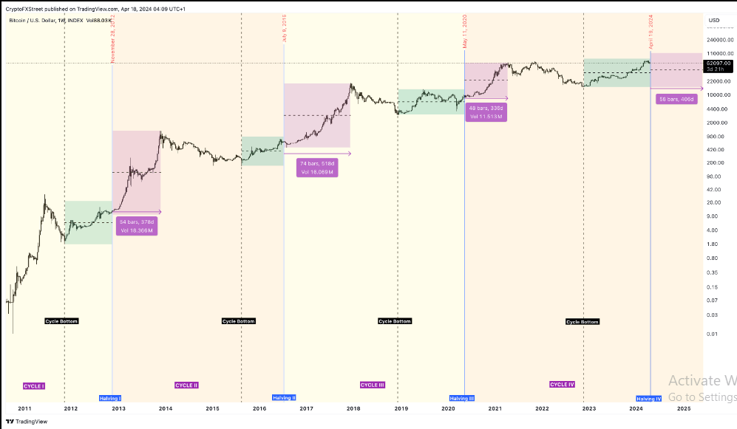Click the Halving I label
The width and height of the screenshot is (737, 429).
tap(110, 398)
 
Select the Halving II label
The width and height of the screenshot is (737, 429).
tap(284, 398)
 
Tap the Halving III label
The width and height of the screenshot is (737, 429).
tap(463, 398)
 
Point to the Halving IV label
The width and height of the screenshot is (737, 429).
tap(649, 398)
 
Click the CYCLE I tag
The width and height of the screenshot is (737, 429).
tap(34, 385)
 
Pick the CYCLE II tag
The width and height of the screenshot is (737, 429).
tap(186, 385)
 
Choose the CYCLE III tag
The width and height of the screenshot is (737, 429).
tap(372, 385)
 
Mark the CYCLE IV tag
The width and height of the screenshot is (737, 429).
tap(562, 385)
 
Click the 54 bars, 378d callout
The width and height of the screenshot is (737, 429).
tap(137, 225)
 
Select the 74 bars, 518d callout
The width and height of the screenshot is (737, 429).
tap(317, 167)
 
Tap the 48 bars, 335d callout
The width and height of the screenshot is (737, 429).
tap(486, 112)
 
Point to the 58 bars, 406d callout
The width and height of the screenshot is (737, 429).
tap(676, 98)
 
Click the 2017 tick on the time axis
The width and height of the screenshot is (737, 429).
tap(306, 408)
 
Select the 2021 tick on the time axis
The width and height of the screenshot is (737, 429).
tap(495, 408)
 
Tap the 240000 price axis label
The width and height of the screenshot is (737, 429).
tap(718, 40)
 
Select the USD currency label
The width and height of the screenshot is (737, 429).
tap(714, 20)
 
